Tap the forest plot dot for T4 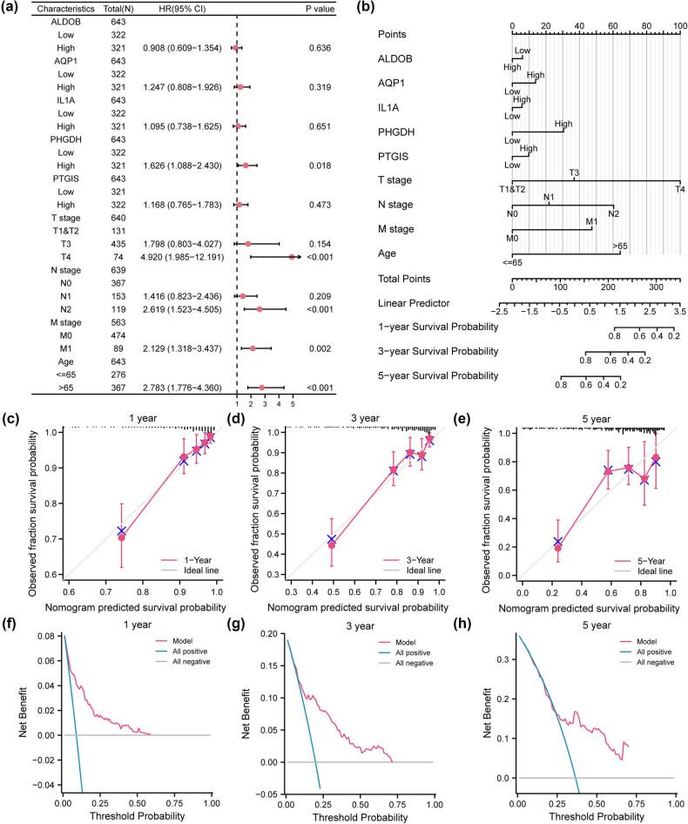coord(292,257)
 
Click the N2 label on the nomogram coord(614,213)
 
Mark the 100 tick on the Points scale coord(679,26)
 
